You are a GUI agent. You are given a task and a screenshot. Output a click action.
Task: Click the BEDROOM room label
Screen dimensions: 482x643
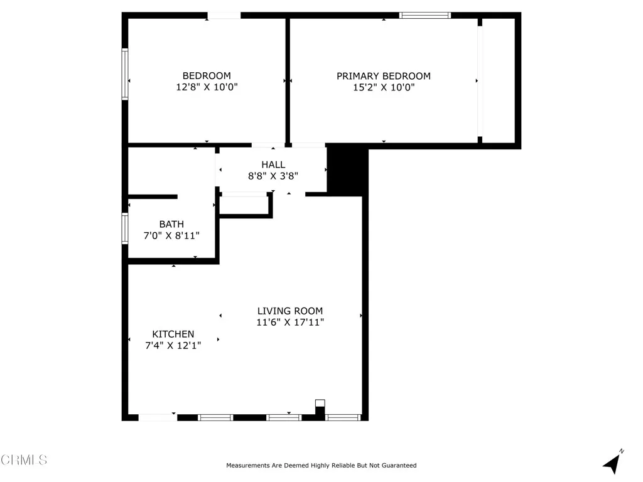[207, 76]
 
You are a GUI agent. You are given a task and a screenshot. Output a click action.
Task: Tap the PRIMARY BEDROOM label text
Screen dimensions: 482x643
[384, 76]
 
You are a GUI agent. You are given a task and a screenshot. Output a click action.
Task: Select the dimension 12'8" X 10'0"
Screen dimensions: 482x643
[207, 88]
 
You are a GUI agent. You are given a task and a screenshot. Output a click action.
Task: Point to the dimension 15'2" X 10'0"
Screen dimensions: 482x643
[384, 88]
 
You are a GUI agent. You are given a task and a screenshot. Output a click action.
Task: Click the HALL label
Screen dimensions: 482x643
[273, 164]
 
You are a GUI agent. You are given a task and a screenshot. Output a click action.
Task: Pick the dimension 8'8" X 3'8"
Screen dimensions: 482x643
[273, 176]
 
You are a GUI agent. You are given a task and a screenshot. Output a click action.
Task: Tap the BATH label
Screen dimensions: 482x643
[171, 224]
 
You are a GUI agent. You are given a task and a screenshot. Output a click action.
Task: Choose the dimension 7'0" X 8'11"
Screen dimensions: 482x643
[171, 236]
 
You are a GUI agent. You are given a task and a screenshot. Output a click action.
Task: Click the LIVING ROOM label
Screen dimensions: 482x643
[290, 311]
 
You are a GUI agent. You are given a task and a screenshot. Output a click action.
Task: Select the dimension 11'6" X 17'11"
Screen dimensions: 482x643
[290, 323]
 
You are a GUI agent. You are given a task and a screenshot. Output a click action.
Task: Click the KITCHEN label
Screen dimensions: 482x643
[173, 334]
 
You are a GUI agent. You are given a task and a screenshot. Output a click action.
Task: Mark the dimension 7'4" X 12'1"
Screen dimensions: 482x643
[173, 346]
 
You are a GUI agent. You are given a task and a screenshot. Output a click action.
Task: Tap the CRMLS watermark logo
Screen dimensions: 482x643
[24, 460]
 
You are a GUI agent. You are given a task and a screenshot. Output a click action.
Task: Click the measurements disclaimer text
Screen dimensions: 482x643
[321, 466]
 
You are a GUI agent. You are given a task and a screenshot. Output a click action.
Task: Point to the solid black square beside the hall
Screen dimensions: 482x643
[346, 171]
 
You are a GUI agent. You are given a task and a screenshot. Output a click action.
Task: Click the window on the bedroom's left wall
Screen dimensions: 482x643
[125, 75]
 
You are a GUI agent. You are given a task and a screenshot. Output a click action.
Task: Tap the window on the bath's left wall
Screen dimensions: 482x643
[125, 228]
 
